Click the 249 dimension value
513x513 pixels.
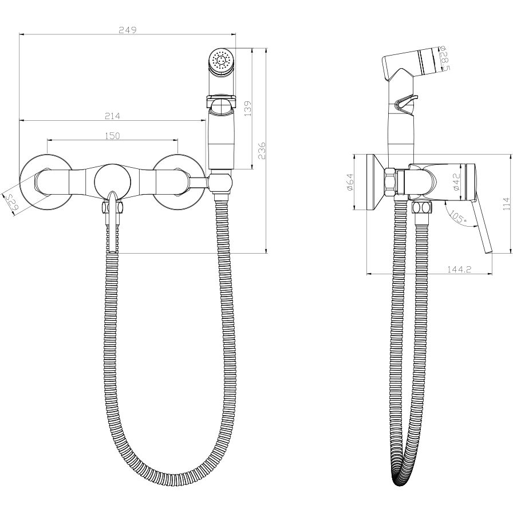pyautogui.click(x=128, y=30)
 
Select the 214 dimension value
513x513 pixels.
pyautogui.click(x=112, y=116)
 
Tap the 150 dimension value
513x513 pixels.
pyautogui.click(x=112, y=135)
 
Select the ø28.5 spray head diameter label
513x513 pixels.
pyautogui.click(x=444, y=60)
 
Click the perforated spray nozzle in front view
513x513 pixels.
pyautogui.click(x=220, y=61)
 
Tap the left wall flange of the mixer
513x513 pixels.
pyautogui.click(x=46, y=180)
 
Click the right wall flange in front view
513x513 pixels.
pyautogui.click(x=179, y=180)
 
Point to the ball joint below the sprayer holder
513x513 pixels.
pyautogui.click(x=220, y=183)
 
